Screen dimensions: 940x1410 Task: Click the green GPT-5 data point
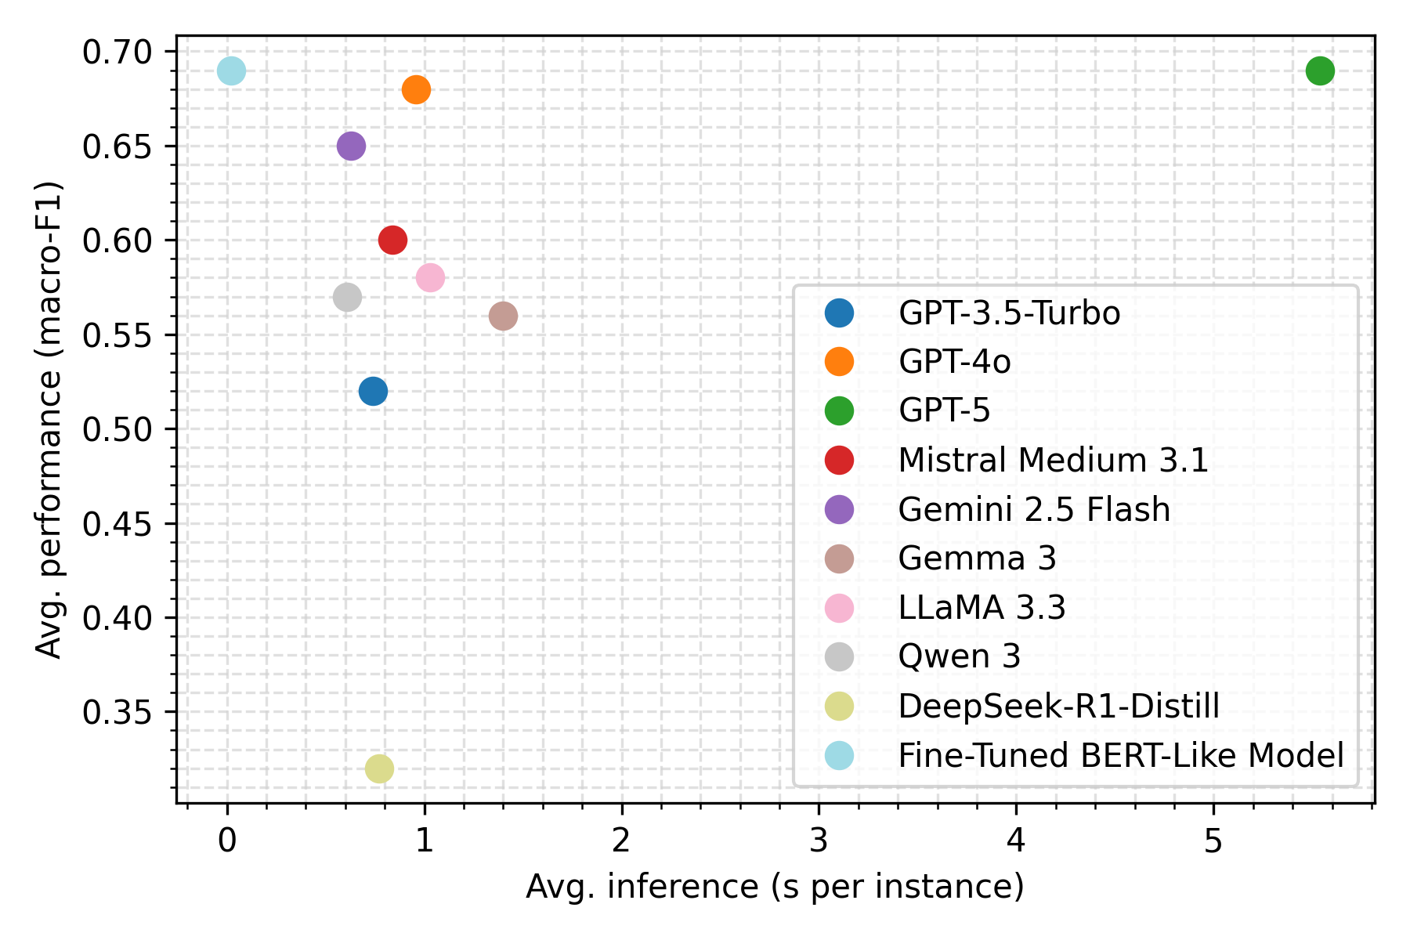(1320, 71)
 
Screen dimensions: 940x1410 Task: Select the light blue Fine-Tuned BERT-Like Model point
(231, 71)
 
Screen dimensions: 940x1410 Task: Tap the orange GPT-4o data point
(416, 90)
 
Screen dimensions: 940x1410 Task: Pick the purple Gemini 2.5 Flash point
(351, 146)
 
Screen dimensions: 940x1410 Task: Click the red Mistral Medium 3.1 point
(392, 240)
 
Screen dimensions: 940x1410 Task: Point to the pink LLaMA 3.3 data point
(430, 277)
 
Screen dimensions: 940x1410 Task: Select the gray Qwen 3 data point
(347, 298)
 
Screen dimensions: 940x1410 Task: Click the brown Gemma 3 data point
(503, 316)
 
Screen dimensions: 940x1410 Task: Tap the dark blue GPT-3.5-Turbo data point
(373, 391)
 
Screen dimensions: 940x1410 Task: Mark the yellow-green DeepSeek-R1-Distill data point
(379, 769)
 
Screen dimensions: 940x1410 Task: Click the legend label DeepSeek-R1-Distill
(1058, 706)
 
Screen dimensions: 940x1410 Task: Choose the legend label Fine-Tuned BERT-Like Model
(1120, 755)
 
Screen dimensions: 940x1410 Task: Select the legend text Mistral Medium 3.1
(1053, 460)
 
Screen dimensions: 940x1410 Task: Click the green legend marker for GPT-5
(839, 410)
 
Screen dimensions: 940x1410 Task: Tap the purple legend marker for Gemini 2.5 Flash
(839, 509)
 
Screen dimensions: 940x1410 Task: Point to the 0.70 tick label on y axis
(117, 52)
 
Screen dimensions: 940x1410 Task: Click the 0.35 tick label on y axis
(117, 712)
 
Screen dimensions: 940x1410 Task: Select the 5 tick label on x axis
(1213, 841)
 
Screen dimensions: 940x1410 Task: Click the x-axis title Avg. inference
(775, 887)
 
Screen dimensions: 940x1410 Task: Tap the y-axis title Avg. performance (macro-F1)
(49, 419)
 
